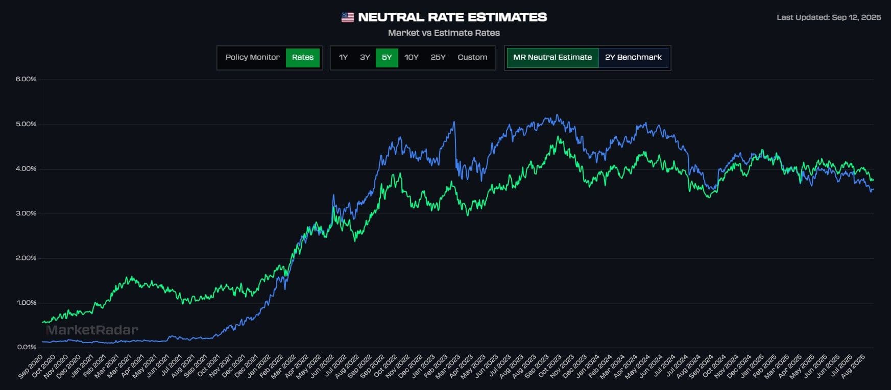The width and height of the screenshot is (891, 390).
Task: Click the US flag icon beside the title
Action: click(x=347, y=17)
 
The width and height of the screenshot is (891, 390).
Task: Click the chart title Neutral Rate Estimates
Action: click(x=452, y=17)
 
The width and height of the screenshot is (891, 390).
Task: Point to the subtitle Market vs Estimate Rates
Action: click(x=444, y=33)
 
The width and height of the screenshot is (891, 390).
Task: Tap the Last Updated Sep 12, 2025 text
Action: click(x=829, y=17)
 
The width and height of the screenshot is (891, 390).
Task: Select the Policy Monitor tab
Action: click(x=252, y=57)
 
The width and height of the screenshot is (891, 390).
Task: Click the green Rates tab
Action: click(x=303, y=57)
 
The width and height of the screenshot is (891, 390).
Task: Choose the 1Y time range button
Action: click(x=343, y=57)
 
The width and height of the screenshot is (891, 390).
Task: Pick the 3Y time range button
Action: click(x=365, y=57)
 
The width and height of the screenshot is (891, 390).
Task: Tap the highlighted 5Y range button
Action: click(x=387, y=57)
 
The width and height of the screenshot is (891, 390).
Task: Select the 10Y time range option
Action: click(x=411, y=57)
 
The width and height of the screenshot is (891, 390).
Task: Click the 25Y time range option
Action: click(x=438, y=57)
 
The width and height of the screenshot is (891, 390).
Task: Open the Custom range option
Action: click(x=472, y=57)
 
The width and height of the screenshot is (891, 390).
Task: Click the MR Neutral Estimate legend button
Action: click(x=552, y=57)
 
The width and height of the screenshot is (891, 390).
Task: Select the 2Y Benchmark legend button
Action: click(x=633, y=57)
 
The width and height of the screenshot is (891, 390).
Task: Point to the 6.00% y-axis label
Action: click(x=26, y=79)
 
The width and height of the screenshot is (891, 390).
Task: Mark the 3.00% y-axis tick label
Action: click(x=26, y=213)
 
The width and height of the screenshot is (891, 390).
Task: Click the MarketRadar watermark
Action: click(x=92, y=330)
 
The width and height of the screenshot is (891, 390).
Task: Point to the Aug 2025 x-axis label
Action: click(x=853, y=367)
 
